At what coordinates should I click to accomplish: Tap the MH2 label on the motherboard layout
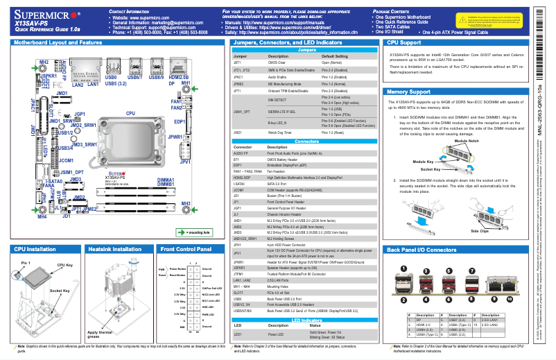(43, 62)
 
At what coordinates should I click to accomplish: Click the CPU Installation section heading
(35, 248)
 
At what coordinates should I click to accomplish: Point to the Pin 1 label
(26, 264)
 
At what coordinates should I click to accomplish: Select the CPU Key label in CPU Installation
(65, 265)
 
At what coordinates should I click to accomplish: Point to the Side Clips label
(480, 231)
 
